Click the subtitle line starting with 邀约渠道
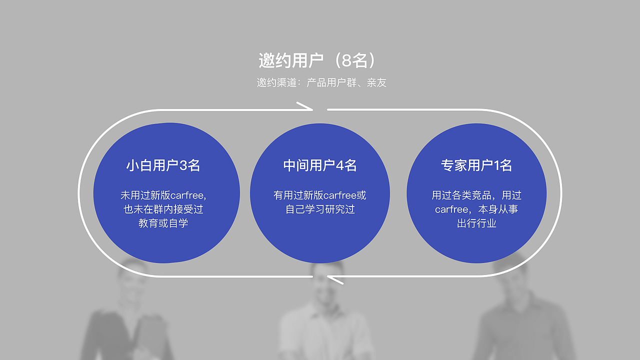tap(321, 83)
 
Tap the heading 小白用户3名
tap(163, 165)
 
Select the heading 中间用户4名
tap(320, 165)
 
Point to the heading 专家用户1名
tap(476, 165)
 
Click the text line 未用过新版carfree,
tap(163, 195)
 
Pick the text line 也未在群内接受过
tap(163, 209)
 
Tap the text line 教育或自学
tap(163, 223)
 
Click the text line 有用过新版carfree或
tap(320, 195)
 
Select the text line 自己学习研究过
tap(320, 209)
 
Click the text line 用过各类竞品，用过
tap(476, 195)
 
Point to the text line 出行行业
tap(476, 223)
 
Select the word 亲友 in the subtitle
tap(377, 83)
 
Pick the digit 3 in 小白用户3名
tap(183, 165)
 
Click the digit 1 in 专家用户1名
tap(496, 165)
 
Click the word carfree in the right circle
tap(451, 209)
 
